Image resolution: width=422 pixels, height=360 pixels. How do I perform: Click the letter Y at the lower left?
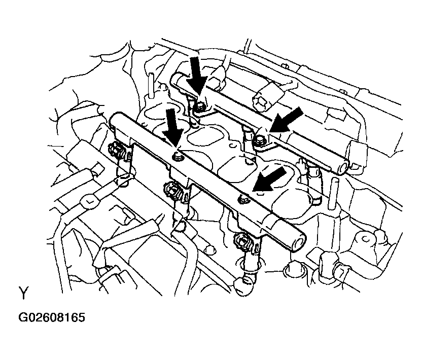coord(23,293)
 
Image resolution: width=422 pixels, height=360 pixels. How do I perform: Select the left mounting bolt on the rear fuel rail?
coord(200,106)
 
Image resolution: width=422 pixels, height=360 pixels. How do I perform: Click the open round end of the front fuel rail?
coord(297,239)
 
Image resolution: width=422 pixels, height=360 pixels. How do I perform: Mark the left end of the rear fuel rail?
coord(177,79)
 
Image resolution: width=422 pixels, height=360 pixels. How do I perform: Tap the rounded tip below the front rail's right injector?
coord(244,280)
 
